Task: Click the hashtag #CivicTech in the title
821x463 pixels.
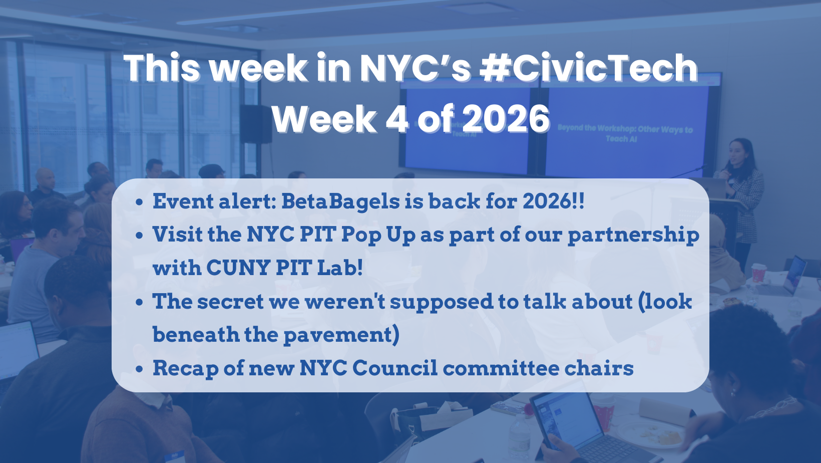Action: [x=589, y=68]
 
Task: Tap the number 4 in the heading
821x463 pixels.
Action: [x=396, y=119]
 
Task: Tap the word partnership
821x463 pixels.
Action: [x=633, y=235]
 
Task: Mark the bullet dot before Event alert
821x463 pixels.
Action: [x=140, y=202]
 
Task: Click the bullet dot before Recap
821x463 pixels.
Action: [x=140, y=369]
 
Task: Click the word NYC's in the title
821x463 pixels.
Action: [x=415, y=68]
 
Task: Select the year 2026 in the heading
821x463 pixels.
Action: [x=506, y=119]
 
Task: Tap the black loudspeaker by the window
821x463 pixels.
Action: [x=255, y=123]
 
